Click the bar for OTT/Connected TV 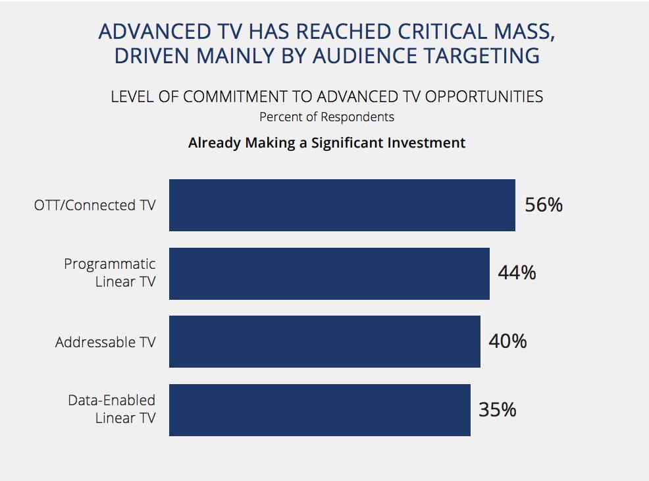click(x=342, y=205)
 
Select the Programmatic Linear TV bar click(x=329, y=273)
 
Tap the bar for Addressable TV click(x=324, y=341)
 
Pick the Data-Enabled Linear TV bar click(x=319, y=410)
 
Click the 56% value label click(x=544, y=205)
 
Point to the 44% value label click(x=517, y=273)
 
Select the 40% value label click(x=507, y=341)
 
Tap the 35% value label click(x=498, y=410)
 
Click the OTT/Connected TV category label click(x=95, y=205)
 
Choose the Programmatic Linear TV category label click(x=109, y=273)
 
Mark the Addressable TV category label click(x=105, y=342)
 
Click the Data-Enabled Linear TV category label click(x=112, y=409)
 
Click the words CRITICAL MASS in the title click(x=476, y=32)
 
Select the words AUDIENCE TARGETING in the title click(x=426, y=56)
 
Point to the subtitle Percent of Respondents click(x=326, y=117)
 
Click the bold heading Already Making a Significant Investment click(x=326, y=143)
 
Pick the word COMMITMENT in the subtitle click(x=249, y=97)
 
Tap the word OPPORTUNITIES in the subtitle click(x=484, y=97)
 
